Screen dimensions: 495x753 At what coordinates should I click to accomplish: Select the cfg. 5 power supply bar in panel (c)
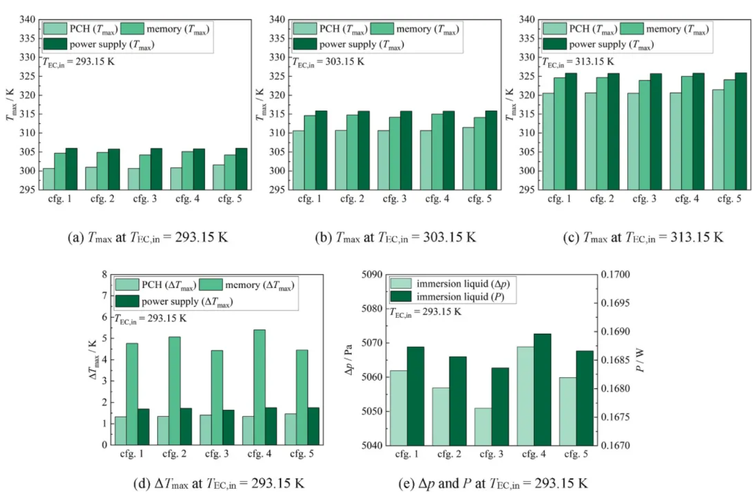pyautogui.click(x=725, y=131)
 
